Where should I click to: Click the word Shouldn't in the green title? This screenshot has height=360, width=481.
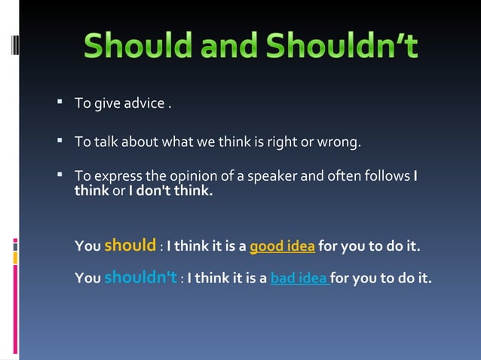[x=348, y=47]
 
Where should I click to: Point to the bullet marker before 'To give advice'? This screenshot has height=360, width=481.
[x=60, y=102]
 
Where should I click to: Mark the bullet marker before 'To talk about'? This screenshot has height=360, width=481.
[x=60, y=139]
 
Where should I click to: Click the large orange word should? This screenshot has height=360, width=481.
[x=130, y=245]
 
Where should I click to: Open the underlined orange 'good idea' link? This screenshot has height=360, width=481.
[x=282, y=246]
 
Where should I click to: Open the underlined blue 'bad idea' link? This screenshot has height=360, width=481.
[x=299, y=279]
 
